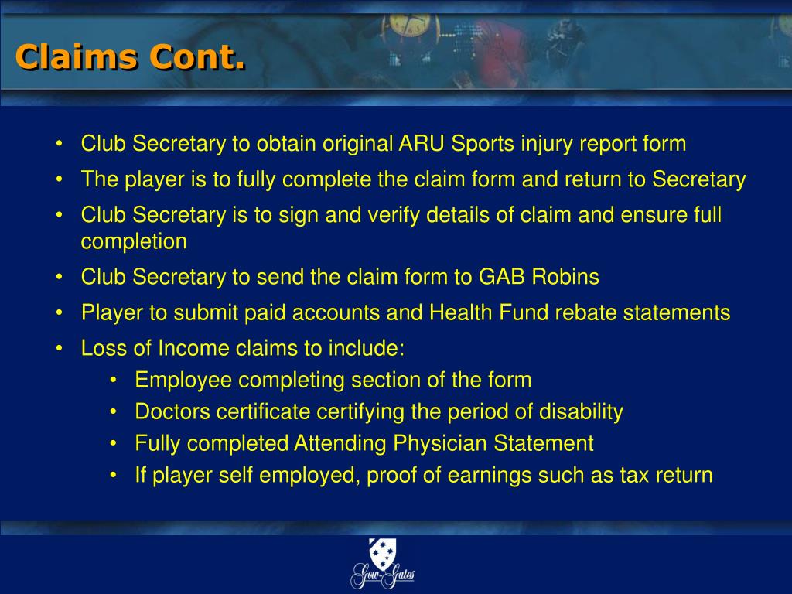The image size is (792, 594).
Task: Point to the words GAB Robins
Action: tap(538, 277)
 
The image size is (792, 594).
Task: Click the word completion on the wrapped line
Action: tap(134, 242)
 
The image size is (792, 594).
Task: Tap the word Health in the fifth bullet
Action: tap(461, 312)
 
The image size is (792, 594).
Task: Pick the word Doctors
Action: tap(172, 411)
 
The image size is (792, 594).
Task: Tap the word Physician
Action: tap(440, 444)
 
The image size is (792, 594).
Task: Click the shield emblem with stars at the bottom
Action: tap(382, 554)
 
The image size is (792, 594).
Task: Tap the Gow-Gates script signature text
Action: tap(383, 575)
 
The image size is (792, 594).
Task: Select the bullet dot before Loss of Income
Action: tap(60, 349)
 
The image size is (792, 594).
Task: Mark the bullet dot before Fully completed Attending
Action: tap(114, 444)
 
